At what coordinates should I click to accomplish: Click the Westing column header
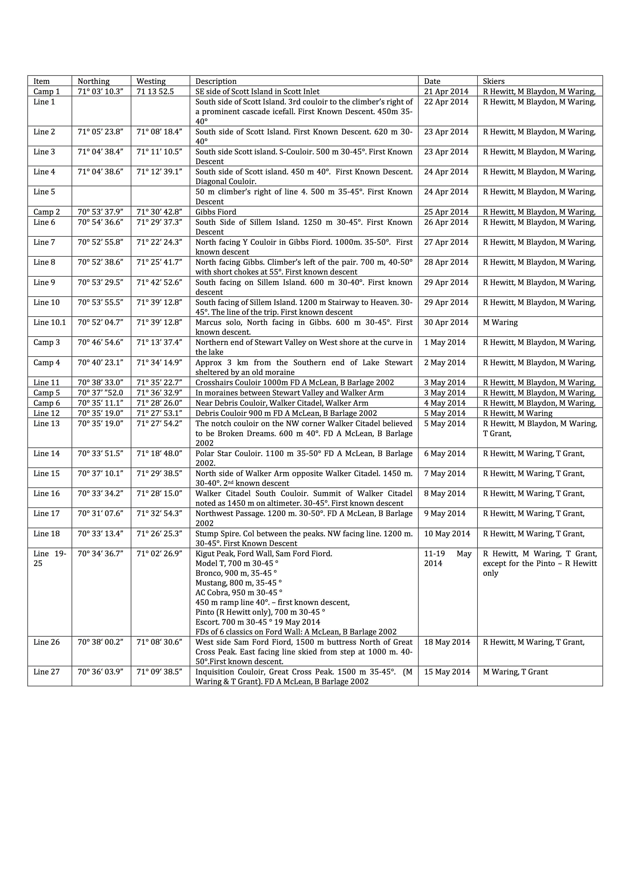point(151,81)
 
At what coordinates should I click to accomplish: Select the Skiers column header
point(494,81)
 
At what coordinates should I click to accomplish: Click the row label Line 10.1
point(50,322)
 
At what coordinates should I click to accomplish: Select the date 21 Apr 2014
point(446,92)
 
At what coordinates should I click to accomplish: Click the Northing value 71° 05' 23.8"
point(100,132)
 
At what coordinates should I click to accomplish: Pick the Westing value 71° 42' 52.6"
point(159,282)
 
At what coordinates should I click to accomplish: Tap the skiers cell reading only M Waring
point(500,322)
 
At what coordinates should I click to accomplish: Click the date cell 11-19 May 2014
point(448,558)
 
